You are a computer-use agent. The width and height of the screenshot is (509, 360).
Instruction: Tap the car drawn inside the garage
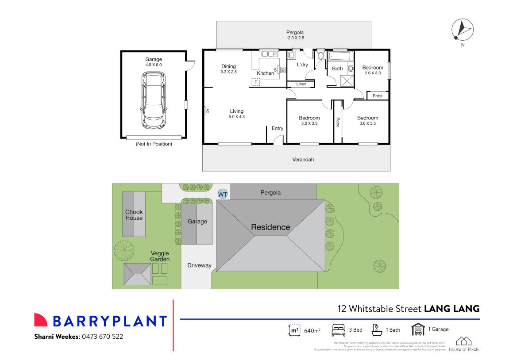pos(154,100)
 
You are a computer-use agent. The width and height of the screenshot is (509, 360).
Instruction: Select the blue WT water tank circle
pos(223,194)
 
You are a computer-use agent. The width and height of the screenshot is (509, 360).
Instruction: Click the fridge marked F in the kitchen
pos(255,82)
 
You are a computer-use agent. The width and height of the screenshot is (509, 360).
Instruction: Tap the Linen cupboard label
pos(301,84)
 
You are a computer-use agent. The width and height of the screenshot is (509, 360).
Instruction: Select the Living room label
pos(236,111)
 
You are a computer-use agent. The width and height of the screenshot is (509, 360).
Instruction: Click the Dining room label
pos(228,67)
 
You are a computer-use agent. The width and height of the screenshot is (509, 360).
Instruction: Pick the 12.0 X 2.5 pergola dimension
pos(294,38)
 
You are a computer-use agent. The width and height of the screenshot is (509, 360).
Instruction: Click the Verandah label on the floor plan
pos(303,160)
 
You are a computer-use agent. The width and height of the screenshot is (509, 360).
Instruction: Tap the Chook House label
pos(134,215)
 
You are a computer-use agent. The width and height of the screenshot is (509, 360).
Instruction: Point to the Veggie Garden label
pos(159,257)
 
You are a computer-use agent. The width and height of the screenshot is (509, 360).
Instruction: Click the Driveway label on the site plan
pos(199,266)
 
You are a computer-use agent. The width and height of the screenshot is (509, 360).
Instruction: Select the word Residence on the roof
pos(270,227)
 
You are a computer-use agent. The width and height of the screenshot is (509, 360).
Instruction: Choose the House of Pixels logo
pos(464,344)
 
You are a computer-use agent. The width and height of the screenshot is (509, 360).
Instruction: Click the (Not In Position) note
pos(154,144)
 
